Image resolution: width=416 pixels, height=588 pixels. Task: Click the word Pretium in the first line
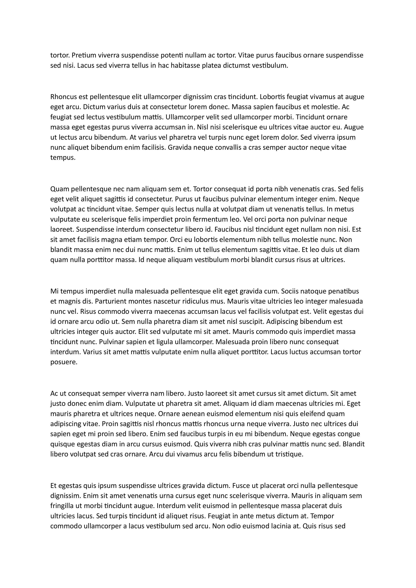click(84, 55)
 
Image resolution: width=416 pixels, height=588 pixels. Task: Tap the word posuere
click(64, 362)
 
